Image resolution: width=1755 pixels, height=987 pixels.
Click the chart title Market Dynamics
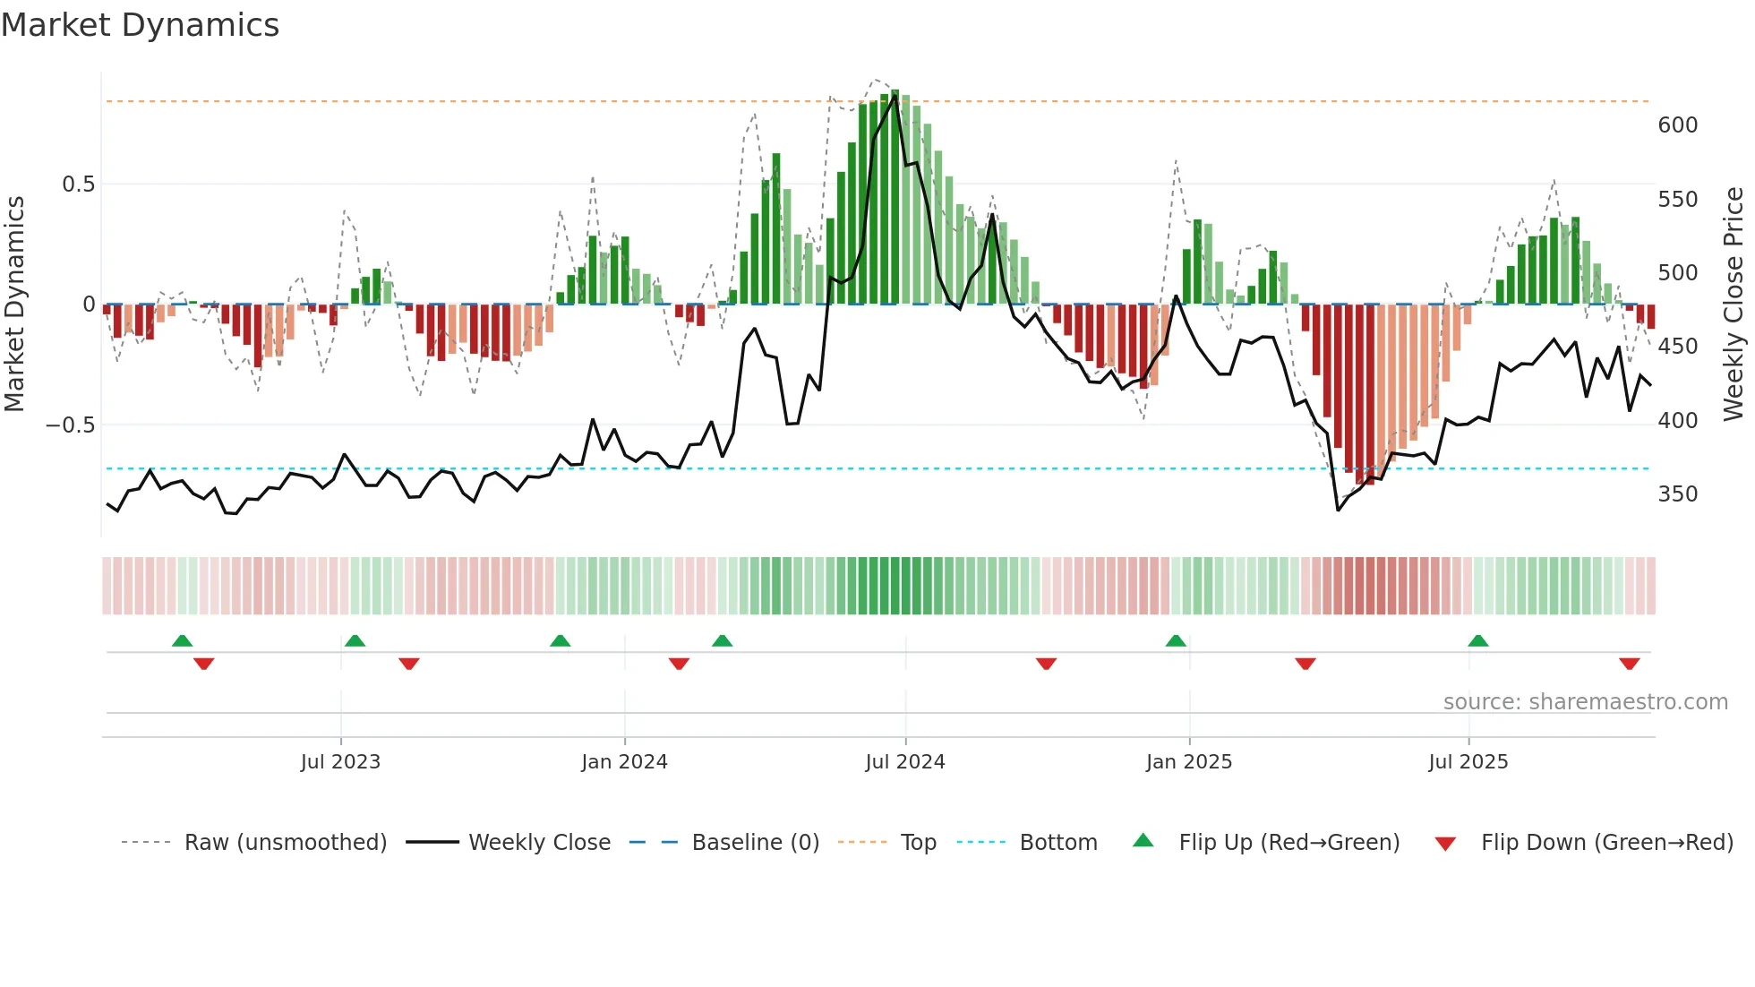141,25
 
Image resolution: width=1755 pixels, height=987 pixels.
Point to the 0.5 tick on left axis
78,185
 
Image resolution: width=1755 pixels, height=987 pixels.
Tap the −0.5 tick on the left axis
71,425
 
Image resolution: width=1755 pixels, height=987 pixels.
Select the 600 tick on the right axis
1677,125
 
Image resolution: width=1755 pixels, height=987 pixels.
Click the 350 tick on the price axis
1677,494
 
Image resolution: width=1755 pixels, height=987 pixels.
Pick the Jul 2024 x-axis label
904,762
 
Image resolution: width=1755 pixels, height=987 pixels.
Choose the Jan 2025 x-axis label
1188,762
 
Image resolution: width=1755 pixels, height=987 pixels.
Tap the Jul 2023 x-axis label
340,762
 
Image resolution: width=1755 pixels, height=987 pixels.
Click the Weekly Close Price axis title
1734,305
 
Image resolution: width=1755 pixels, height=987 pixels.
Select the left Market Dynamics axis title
14,305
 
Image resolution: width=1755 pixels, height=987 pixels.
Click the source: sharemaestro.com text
1585,702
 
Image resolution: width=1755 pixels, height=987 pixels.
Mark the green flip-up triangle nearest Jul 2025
1478,640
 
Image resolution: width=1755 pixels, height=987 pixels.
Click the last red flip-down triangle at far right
1629,664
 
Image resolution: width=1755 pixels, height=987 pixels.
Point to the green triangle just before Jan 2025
1176,640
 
